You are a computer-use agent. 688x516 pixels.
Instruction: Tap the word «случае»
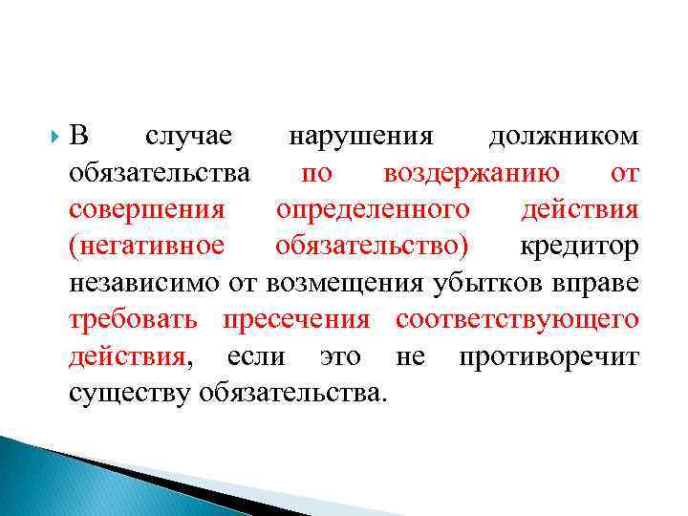188,137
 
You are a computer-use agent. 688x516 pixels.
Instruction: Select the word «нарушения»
361,137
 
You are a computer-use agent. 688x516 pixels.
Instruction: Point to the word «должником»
564,137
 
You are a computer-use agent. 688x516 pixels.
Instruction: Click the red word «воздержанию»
471,173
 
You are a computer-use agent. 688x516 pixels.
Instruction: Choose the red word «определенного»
373,209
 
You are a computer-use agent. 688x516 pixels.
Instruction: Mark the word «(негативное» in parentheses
147,246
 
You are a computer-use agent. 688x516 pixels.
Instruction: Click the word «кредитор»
579,246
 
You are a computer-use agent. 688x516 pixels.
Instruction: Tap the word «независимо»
144,282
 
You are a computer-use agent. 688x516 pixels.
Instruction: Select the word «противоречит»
548,355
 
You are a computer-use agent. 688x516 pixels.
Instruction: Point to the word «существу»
132,391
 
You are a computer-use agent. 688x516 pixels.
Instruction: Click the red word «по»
317,173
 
